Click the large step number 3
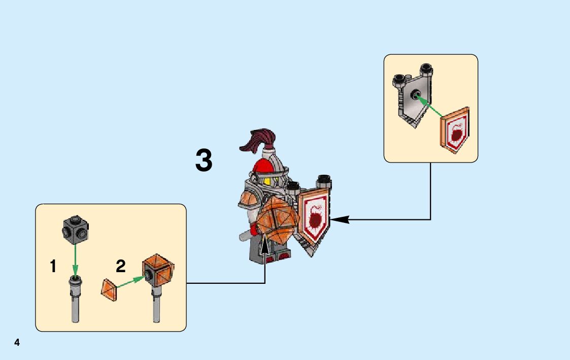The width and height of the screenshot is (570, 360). tap(204, 161)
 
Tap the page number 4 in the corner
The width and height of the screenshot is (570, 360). tap(17, 342)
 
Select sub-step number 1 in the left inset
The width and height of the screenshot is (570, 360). tap(53, 266)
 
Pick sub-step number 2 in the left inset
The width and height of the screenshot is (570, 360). tap(120, 266)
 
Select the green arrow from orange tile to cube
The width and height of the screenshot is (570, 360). tap(130, 282)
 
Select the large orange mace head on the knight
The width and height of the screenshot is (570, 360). tap(274, 221)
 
